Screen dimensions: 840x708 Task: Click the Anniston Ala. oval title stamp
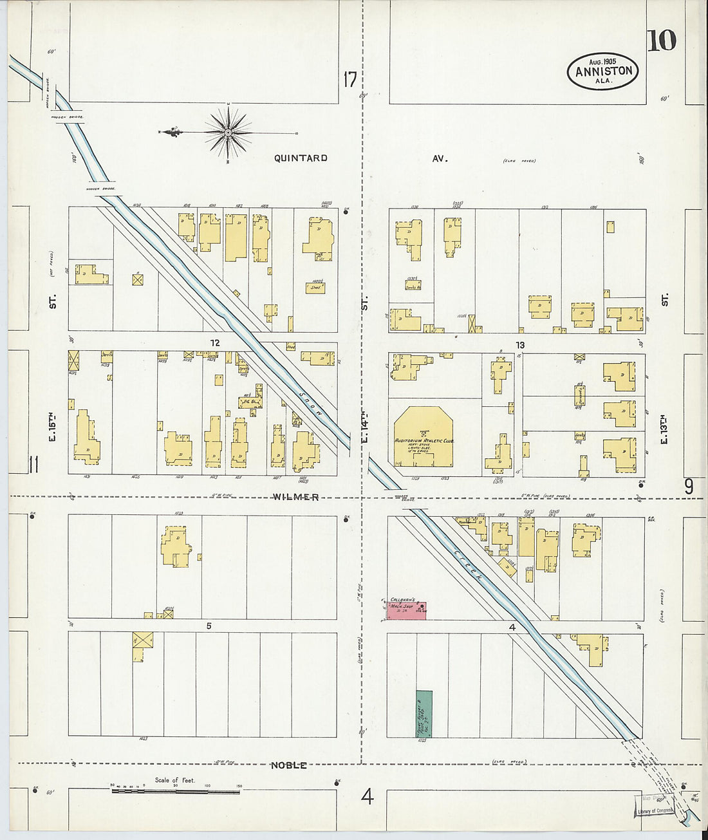[x=602, y=71]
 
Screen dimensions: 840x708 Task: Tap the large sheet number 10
[x=662, y=41]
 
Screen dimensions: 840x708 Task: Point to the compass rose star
[x=228, y=133]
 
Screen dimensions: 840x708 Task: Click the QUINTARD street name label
[x=301, y=158]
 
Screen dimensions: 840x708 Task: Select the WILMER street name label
[x=295, y=497]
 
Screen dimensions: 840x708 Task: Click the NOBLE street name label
[x=288, y=765]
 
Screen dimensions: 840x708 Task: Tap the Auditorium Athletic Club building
[x=424, y=438]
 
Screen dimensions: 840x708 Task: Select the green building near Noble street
[x=424, y=714]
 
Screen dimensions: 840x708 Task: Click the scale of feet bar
[x=175, y=790]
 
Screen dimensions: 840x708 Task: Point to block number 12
[x=215, y=342]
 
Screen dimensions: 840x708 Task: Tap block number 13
[x=519, y=345]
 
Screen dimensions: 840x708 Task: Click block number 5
[x=209, y=626]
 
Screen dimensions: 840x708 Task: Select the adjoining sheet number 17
[x=349, y=80]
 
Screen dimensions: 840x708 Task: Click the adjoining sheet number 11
[x=33, y=463]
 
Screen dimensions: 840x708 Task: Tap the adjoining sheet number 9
[x=688, y=487]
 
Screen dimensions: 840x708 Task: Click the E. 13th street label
[x=664, y=428]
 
